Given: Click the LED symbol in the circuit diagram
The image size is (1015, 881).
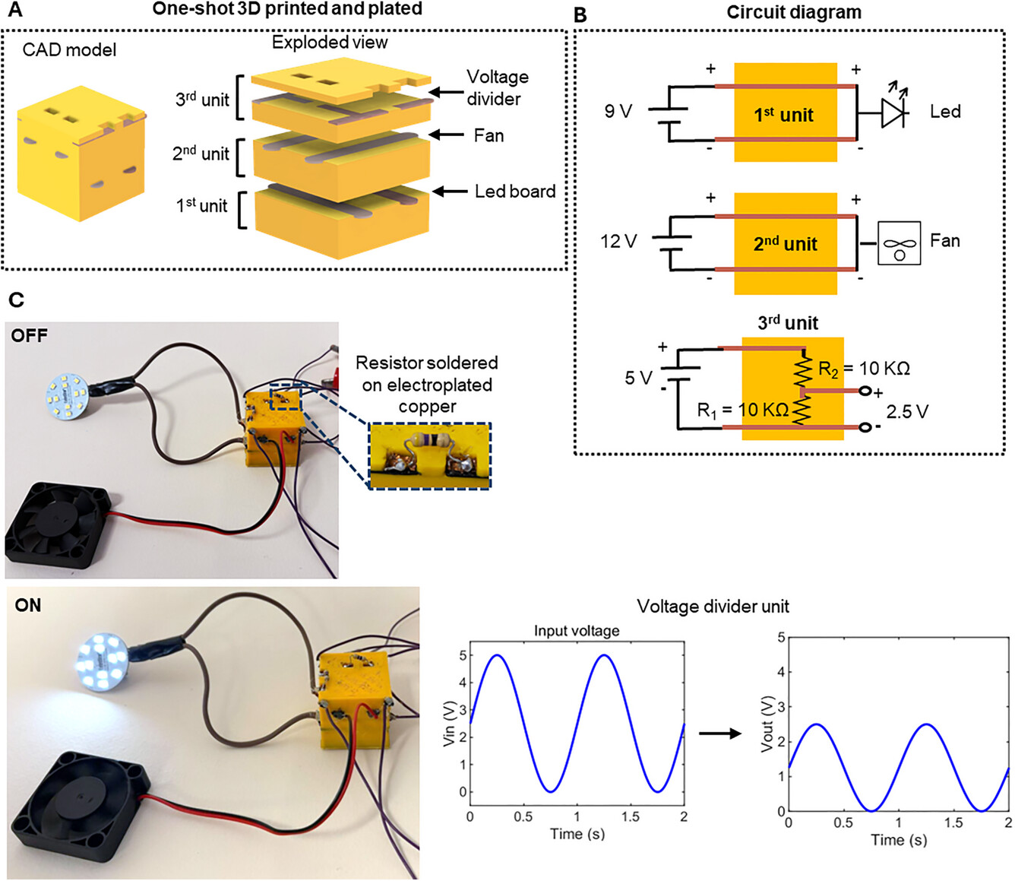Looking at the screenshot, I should [x=893, y=113].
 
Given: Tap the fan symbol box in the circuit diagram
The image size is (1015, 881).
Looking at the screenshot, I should [x=899, y=243].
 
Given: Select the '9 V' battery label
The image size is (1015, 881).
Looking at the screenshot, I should [x=618, y=112].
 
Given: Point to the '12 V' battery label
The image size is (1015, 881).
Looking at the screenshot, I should [x=618, y=242].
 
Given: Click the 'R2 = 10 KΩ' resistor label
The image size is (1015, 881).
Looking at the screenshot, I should [x=864, y=369].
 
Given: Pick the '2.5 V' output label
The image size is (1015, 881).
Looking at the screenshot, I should [x=907, y=412].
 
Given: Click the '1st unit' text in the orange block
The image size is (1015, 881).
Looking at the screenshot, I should [x=783, y=116].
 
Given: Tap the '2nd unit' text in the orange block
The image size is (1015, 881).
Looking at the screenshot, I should [x=785, y=244].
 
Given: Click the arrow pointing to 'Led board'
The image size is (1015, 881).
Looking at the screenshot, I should [x=450, y=192].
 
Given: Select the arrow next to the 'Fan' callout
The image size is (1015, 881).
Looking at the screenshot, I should [x=447, y=135].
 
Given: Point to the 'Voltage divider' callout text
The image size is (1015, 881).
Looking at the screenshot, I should [x=497, y=87].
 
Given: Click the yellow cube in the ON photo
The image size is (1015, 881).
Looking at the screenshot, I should [x=354, y=699].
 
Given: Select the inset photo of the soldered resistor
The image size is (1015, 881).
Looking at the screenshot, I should [x=430, y=455].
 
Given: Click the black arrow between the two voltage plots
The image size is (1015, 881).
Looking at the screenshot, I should [x=719, y=734].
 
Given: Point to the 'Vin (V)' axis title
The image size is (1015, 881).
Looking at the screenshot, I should [x=449, y=723].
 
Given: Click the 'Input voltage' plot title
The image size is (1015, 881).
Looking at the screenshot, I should [x=576, y=631].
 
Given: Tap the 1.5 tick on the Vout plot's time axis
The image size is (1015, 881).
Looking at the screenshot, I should [x=953, y=822].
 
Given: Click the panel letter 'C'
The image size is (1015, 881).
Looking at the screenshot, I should [x=16, y=300].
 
